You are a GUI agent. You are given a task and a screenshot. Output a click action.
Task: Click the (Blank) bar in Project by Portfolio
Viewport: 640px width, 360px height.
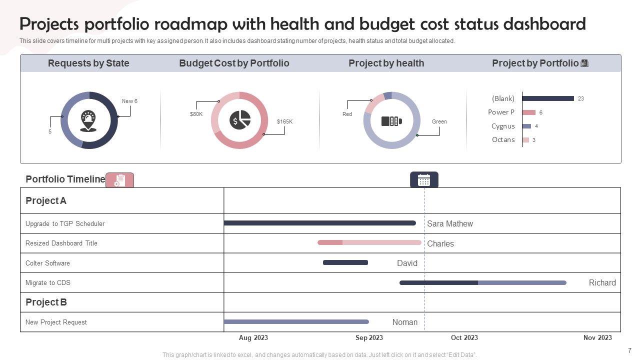point(548,98)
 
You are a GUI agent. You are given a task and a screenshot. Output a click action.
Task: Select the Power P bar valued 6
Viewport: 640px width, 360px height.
point(529,112)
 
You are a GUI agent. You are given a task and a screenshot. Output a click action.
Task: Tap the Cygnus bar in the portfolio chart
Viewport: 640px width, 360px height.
point(526,126)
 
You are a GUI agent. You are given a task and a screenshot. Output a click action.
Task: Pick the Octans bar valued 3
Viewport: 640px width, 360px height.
point(525,140)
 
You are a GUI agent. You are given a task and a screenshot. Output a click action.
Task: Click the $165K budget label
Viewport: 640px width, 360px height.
point(284,121)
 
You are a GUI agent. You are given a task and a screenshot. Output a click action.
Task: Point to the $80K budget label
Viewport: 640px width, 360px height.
point(196,114)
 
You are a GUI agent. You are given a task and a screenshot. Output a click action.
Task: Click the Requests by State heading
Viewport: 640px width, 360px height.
point(88,63)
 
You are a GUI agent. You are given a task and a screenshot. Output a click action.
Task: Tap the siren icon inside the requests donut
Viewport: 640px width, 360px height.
point(88,120)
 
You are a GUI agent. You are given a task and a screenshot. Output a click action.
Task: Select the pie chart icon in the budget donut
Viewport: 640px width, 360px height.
point(240,120)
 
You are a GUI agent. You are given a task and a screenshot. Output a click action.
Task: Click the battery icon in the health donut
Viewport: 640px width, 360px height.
point(391,121)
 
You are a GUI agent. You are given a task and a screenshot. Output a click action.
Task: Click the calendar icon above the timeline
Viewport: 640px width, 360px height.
point(424,180)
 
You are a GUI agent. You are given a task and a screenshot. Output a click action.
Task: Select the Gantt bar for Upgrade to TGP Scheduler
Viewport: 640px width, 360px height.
point(319,223)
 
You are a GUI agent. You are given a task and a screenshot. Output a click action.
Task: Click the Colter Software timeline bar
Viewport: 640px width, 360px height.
point(345,262)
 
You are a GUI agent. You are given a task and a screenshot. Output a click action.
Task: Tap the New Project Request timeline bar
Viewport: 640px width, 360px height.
point(296,321)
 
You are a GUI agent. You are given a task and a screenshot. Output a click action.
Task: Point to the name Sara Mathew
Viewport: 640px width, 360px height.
point(449,224)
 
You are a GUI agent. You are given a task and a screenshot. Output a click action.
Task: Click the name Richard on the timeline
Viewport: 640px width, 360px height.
point(602,283)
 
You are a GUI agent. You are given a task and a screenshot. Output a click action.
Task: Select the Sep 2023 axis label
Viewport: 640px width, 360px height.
point(369,337)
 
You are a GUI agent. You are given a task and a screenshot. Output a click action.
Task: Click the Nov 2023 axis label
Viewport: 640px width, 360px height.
point(597,337)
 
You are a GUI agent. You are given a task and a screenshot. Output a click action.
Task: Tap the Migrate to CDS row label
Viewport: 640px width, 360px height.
point(48,283)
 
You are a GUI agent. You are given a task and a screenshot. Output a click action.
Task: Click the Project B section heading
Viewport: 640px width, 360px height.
point(46,302)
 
